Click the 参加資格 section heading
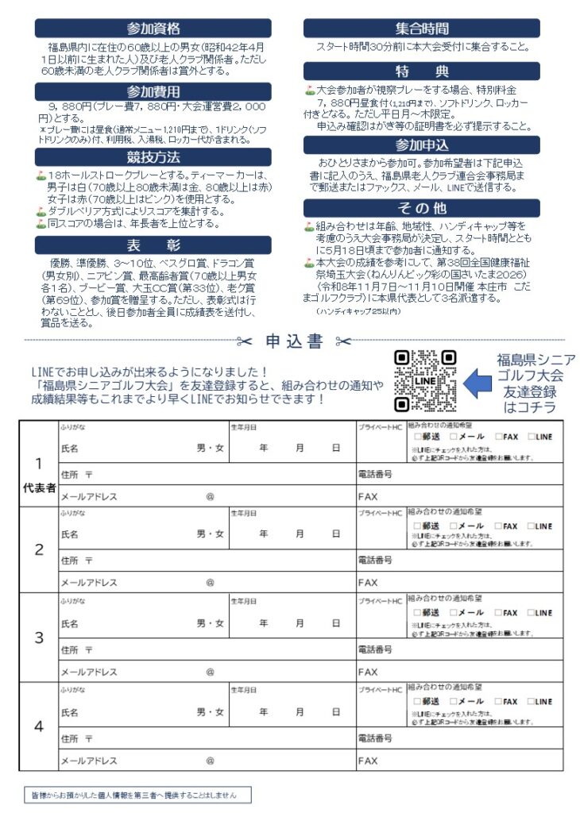coord(153,29)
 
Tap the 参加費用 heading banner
coord(153,91)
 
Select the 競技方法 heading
coord(153,157)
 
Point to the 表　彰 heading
coord(153,245)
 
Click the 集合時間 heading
coord(422,29)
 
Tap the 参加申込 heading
coord(422,145)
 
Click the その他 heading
coord(422,208)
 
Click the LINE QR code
coord(425,381)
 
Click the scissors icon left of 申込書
coord(244,342)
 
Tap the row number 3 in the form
coord(39,637)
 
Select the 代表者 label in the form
coord(39,489)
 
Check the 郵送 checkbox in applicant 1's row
coord(418,436)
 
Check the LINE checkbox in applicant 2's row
coord(531,526)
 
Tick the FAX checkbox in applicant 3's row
coord(499,613)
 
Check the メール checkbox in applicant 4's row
coord(454,702)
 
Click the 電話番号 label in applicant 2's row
coord(375,561)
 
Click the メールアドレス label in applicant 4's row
coord(89,761)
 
